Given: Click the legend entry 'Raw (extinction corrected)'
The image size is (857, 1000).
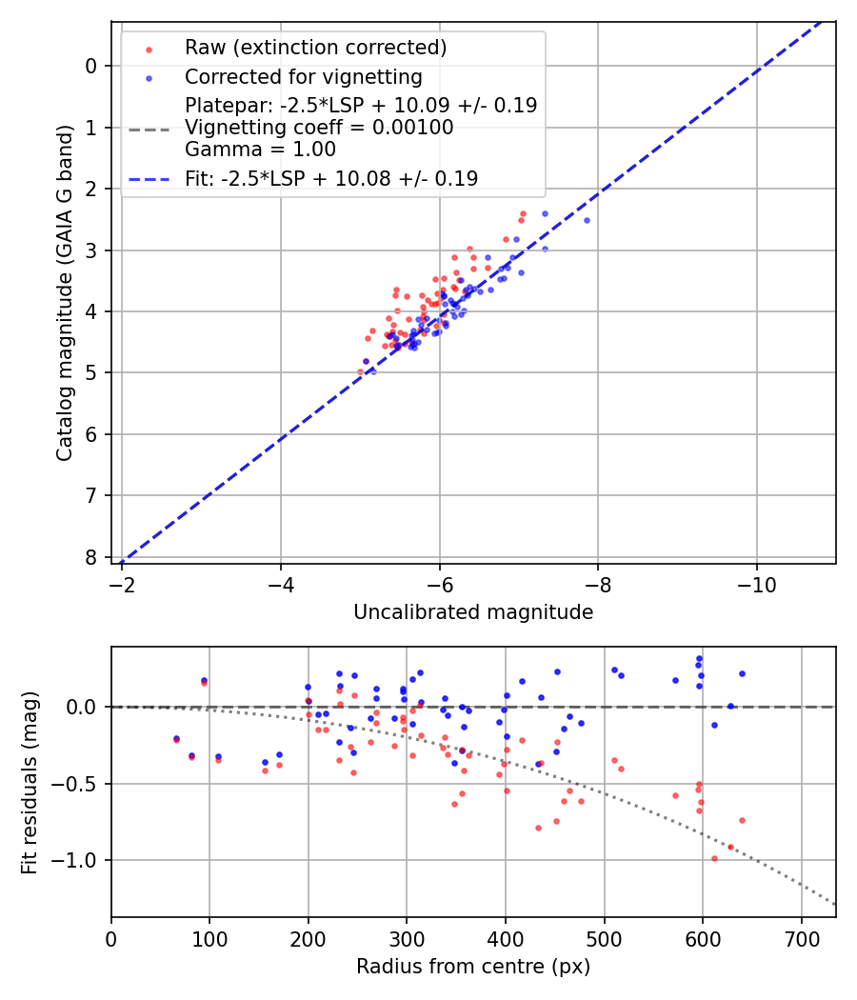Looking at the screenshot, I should [315, 48].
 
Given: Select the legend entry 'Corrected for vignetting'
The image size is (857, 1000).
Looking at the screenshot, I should [303, 76].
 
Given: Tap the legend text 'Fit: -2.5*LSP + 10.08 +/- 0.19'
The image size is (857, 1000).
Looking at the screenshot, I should [330, 178].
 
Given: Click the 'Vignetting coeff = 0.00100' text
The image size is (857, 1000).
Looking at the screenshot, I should [319, 128].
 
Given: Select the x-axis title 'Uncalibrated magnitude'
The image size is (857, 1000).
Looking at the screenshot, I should [473, 612].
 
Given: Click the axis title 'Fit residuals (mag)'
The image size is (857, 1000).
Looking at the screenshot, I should [30, 783].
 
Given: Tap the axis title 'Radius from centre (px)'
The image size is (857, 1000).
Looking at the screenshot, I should [473, 967].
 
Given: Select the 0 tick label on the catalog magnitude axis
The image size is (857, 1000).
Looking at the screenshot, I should [91, 66].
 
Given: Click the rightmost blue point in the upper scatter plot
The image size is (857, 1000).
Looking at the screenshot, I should [587, 220].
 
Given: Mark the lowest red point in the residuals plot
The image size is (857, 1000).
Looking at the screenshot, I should [714, 858].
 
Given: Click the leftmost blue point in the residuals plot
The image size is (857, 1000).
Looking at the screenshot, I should [176, 738].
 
